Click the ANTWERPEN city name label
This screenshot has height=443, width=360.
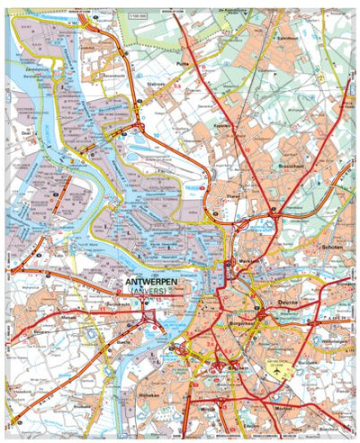click(150, 282)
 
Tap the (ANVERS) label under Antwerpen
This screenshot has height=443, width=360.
click(149, 292)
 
